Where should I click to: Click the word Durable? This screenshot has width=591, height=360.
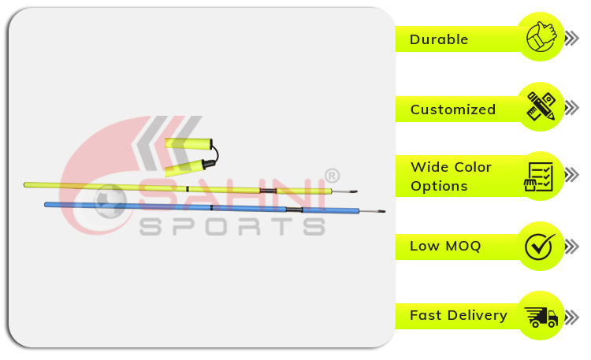pyautogui.click(x=439, y=39)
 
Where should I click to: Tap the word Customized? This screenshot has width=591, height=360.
pyautogui.click(x=452, y=109)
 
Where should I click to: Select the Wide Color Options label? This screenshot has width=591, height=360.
pyautogui.click(x=451, y=176)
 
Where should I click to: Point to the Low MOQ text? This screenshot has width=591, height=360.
pyautogui.click(x=445, y=246)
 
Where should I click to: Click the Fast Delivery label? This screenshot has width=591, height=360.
pyautogui.click(x=458, y=315)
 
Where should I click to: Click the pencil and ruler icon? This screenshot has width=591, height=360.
pyautogui.click(x=541, y=106)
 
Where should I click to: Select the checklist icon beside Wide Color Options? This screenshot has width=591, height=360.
pyautogui.click(x=540, y=176)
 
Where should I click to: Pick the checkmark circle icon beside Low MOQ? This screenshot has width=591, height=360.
pyautogui.click(x=540, y=246)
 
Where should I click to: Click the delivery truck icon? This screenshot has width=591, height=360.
pyautogui.click(x=541, y=316)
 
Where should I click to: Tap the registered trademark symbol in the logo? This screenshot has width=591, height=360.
pyautogui.click(x=332, y=175)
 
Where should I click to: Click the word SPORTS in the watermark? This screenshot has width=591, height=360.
pyautogui.click(x=232, y=227)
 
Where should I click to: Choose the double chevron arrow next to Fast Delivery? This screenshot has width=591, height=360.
pyautogui.click(x=572, y=317)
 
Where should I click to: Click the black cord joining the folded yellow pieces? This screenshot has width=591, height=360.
pyautogui.click(x=216, y=154)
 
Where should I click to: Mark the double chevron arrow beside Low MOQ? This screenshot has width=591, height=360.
pyautogui.click(x=572, y=247)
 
